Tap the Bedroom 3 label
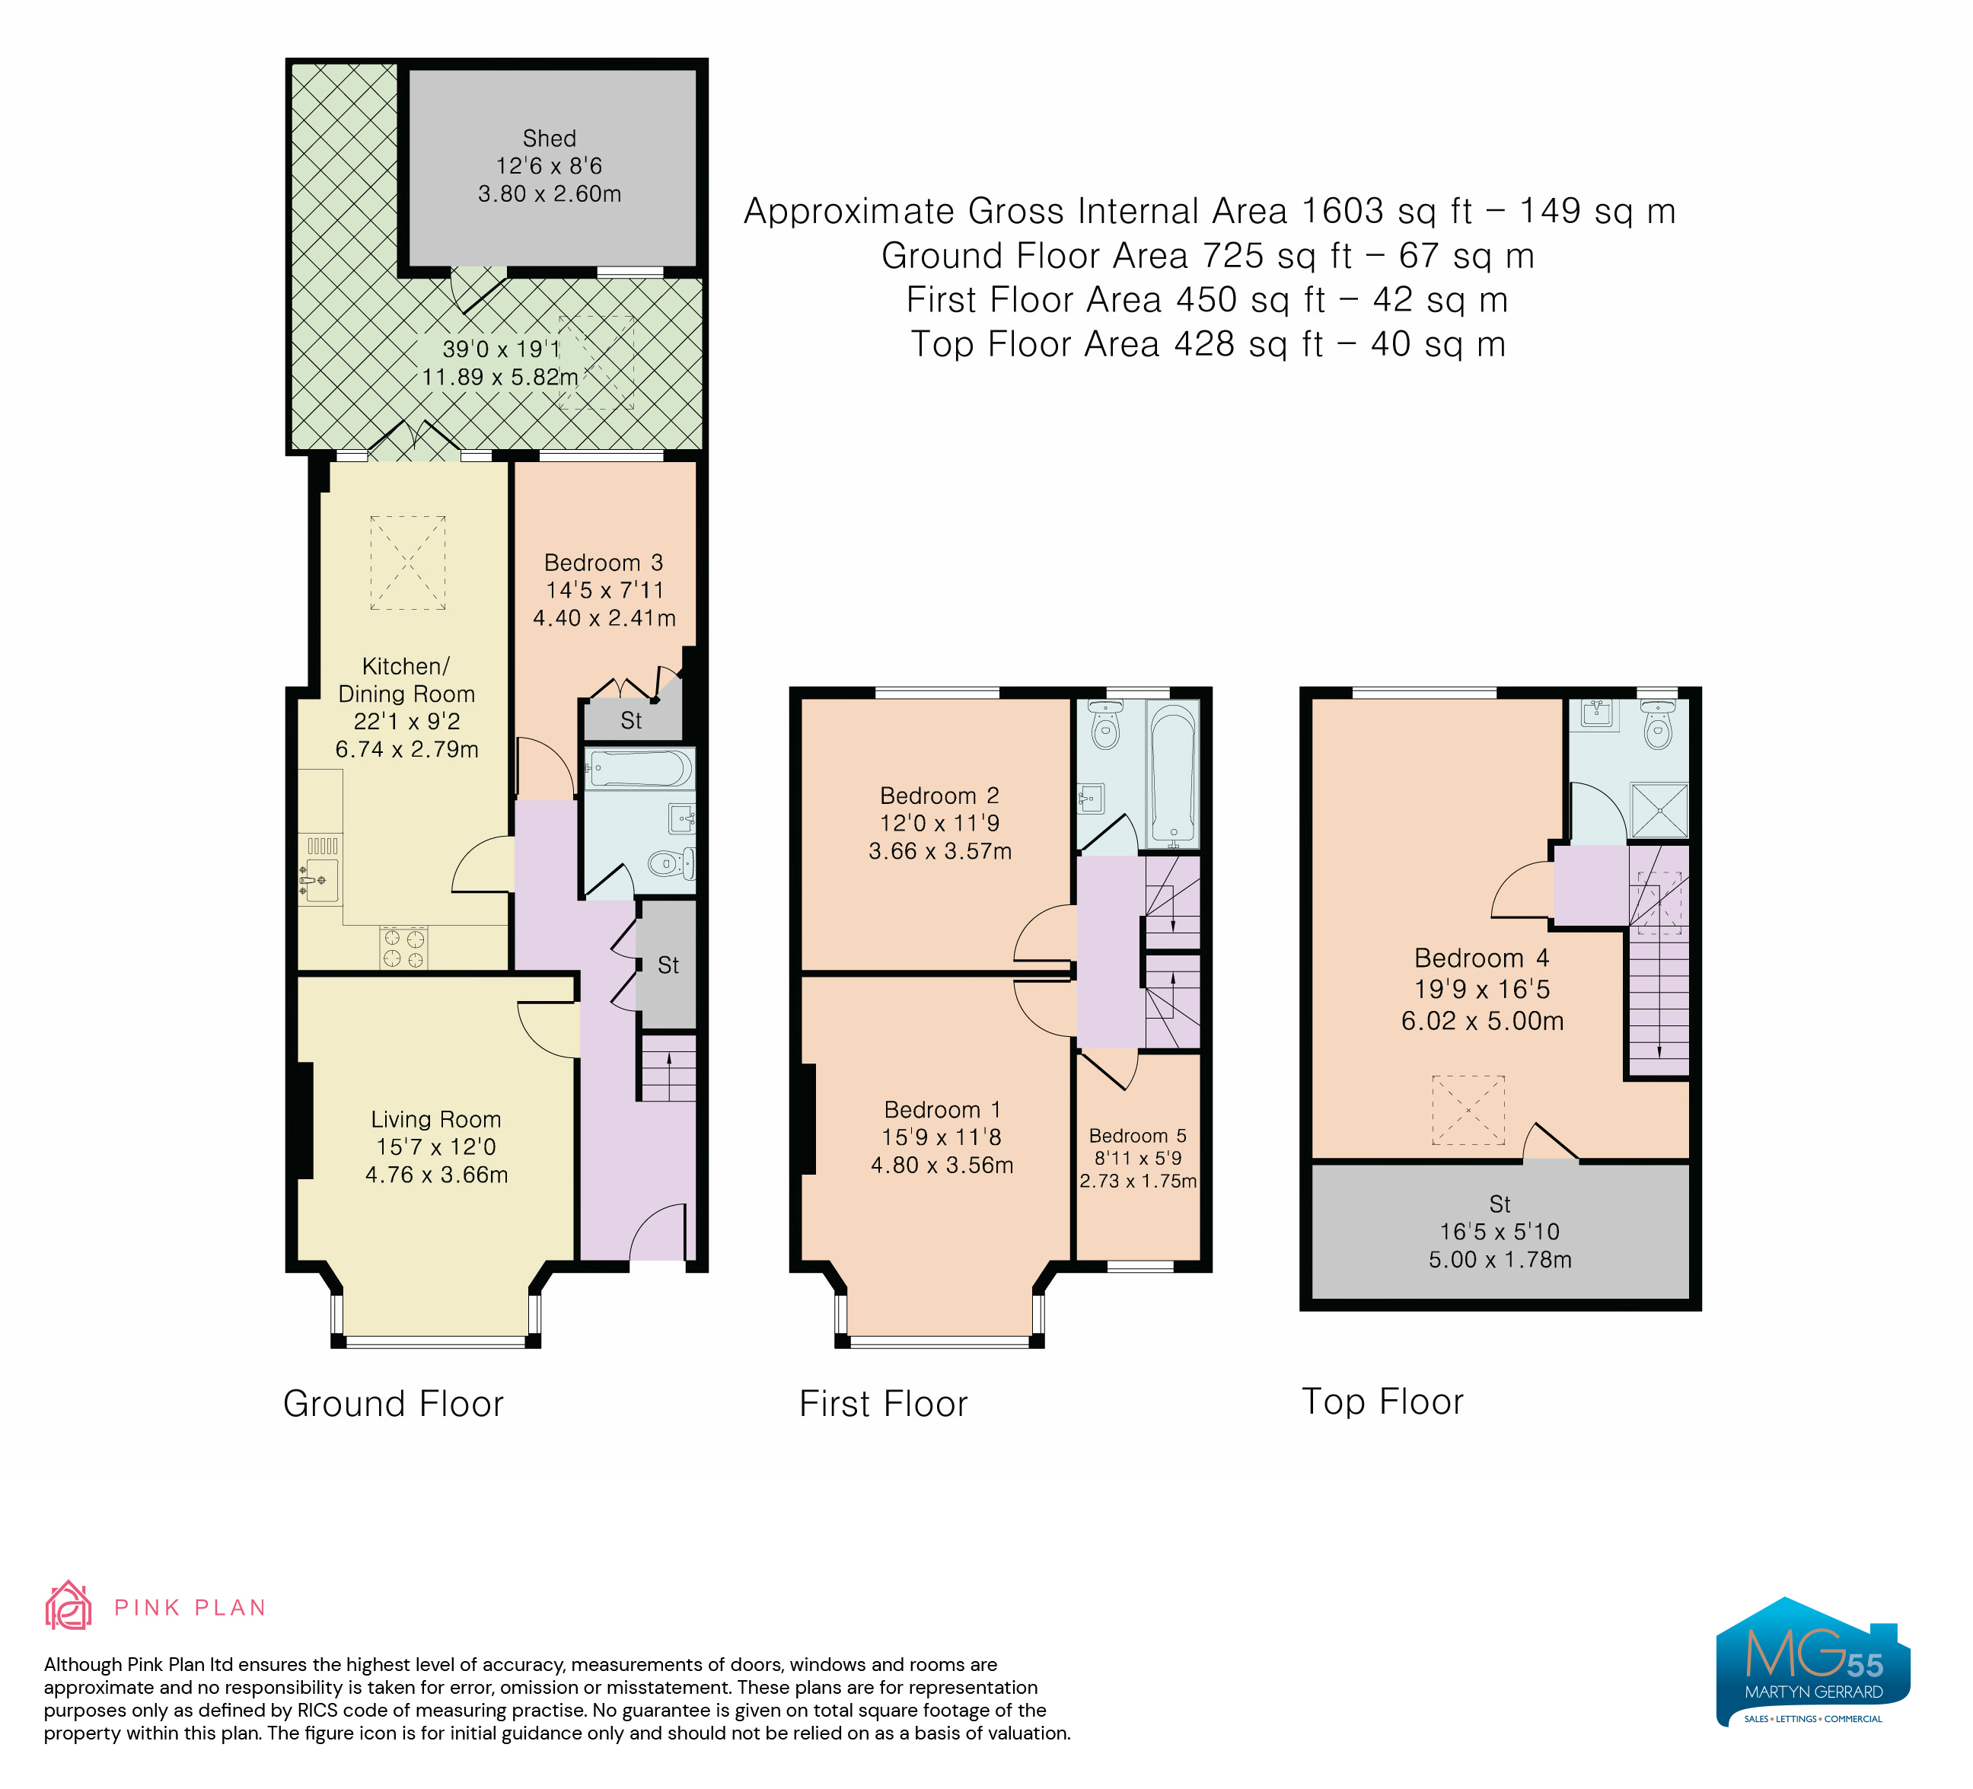click(604, 563)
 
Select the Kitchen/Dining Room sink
click(321, 879)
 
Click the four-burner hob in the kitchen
click(404, 947)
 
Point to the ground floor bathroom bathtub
click(640, 768)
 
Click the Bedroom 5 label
click(1137, 1135)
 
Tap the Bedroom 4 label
click(1482, 958)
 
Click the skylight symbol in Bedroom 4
click(1468, 1111)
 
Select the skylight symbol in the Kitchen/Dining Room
click(408, 563)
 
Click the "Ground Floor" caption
click(394, 1403)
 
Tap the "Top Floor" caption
click(1383, 1402)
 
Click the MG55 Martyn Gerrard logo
click(1812, 1661)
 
